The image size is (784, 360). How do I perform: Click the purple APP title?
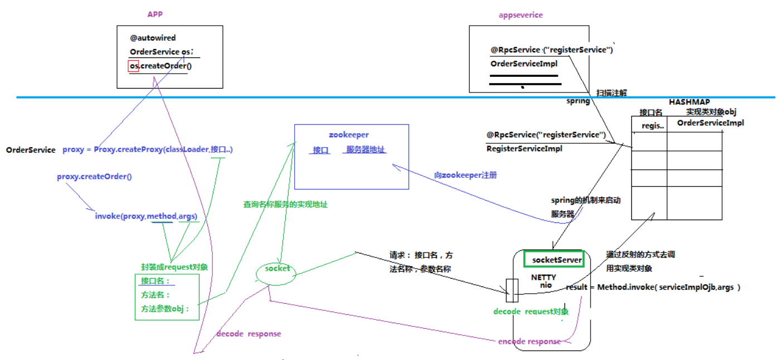click(155, 14)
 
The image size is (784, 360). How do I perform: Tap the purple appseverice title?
click(520, 16)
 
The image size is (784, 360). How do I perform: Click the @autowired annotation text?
click(153, 38)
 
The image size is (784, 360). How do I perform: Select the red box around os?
click(133, 66)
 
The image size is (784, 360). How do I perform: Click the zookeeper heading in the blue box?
click(348, 135)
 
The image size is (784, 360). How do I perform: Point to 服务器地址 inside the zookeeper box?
click(366, 150)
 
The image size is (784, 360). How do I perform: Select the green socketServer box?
click(554, 260)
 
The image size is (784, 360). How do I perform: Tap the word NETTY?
click(543, 277)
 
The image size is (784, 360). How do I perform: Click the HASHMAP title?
click(689, 102)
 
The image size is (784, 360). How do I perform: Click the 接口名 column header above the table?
click(650, 112)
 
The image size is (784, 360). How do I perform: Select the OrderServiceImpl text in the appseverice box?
click(524, 64)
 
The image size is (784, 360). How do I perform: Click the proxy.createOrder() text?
click(94, 177)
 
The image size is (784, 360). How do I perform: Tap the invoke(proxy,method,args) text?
click(146, 216)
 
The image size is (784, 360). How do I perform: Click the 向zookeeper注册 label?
click(465, 175)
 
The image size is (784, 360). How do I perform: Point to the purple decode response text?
click(249, 334)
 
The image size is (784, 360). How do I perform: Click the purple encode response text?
click(529, 342)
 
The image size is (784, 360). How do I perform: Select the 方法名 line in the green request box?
click(155, 295)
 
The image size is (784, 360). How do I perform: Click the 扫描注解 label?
click(611, 93)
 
